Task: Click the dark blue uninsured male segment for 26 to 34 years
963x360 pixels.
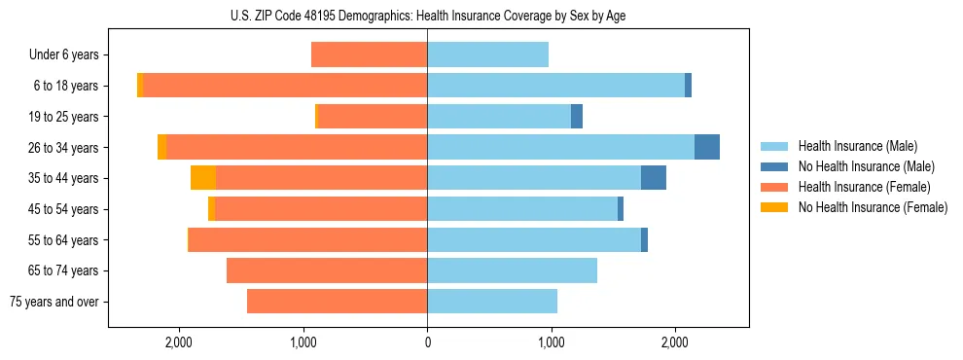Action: coord(707,147)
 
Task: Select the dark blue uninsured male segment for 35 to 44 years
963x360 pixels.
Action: coord(654,178)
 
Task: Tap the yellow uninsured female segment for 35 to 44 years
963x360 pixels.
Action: coord(203,178)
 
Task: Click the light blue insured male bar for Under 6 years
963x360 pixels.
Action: coord(487,54)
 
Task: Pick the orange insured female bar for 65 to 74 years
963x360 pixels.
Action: coord(327,270)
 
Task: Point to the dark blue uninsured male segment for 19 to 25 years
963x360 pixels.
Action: coord(577,117)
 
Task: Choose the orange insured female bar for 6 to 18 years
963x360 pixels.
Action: coord(285,86)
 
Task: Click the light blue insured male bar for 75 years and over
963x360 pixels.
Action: coord(492,302)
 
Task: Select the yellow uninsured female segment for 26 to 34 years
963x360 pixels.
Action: coord(161,147)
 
